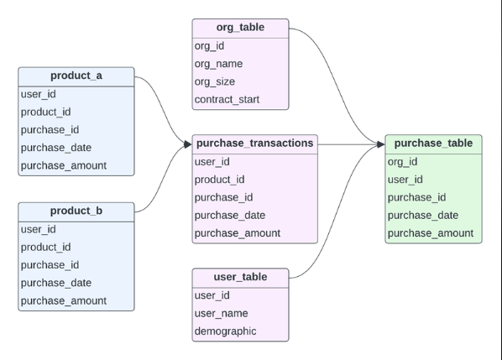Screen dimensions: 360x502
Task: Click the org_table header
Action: (240, 28)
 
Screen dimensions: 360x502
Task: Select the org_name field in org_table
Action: (218, 64)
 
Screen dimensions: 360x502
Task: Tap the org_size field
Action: (215, 81)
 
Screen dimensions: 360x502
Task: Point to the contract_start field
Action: (227, 100)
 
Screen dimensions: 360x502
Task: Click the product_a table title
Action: (76, 76)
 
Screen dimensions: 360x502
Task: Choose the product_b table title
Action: (76, 211)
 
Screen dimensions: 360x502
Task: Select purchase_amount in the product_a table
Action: (64, 165)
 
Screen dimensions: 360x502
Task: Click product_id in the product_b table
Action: (46, 247)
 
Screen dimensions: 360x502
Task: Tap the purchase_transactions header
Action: (255, 143)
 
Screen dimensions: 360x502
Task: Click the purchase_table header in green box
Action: (433, 143)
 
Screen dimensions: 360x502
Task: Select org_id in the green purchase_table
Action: (402, 162)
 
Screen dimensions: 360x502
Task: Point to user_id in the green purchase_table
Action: (405, 180)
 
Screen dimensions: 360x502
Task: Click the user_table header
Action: (240, 277)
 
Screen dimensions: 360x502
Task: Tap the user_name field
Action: (221, 313)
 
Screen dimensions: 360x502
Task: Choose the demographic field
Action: (225, 331)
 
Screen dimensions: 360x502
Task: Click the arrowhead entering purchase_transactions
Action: (187, 144)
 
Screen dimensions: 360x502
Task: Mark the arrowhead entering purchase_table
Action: (380, 144)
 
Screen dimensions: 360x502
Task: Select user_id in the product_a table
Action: (39, 94)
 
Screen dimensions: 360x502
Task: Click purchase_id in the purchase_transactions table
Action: (223, 197)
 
